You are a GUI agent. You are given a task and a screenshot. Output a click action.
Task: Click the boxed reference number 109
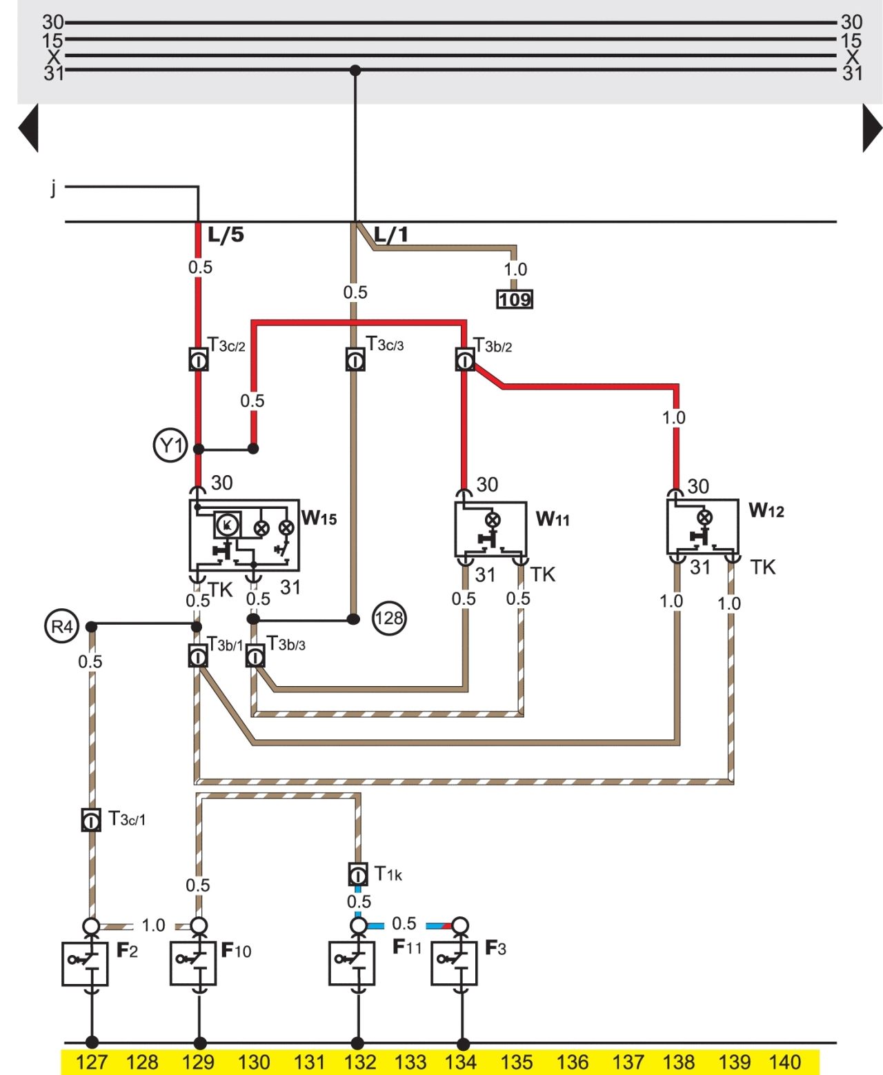coord(515,299)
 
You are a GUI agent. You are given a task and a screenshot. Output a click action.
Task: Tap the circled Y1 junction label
coord(170,445)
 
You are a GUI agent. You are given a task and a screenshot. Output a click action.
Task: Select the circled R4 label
coord(61,625)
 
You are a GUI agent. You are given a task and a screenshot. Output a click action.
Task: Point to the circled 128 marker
coord(389,619)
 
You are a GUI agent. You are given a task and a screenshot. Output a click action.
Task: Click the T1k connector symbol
coord(358,874)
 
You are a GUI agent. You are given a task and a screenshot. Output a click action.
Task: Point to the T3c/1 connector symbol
coord(91,820)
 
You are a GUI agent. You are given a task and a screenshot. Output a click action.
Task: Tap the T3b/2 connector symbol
coord(464,359)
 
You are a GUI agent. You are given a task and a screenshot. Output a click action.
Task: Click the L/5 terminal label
coord(226,235)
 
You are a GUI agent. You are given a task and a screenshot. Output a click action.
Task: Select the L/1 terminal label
coord(391,235)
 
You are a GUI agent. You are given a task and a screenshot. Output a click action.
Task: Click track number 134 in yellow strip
coord(460,1062)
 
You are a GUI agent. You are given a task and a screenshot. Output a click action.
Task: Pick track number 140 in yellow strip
coord(784,1062)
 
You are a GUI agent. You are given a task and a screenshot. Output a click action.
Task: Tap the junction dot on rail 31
coord(355,70)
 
